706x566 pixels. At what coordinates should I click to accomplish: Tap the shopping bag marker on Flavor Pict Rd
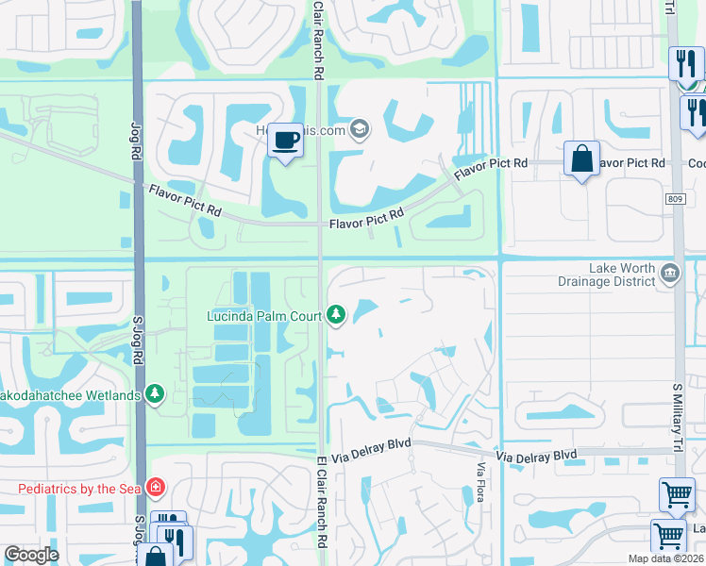[x=582, y=158]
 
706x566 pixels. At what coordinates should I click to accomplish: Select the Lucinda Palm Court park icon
[x=337, y=315]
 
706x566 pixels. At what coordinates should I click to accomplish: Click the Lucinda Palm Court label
[x=265, y=315]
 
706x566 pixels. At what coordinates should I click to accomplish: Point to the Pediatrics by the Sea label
[x=78, y=488]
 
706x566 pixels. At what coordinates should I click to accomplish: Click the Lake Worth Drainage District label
[x=622, y=275]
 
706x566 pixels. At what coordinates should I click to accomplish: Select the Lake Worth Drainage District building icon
[x=669, y=274]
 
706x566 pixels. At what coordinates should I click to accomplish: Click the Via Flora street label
[x=480, y=481]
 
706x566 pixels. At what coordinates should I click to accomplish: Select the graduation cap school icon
[x=358, y=129]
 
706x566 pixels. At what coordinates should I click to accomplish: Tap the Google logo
[x=31, y=556]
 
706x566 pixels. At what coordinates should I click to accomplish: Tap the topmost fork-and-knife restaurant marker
[x=685, y=64]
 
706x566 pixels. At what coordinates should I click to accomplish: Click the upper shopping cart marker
[x=677, y=494]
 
